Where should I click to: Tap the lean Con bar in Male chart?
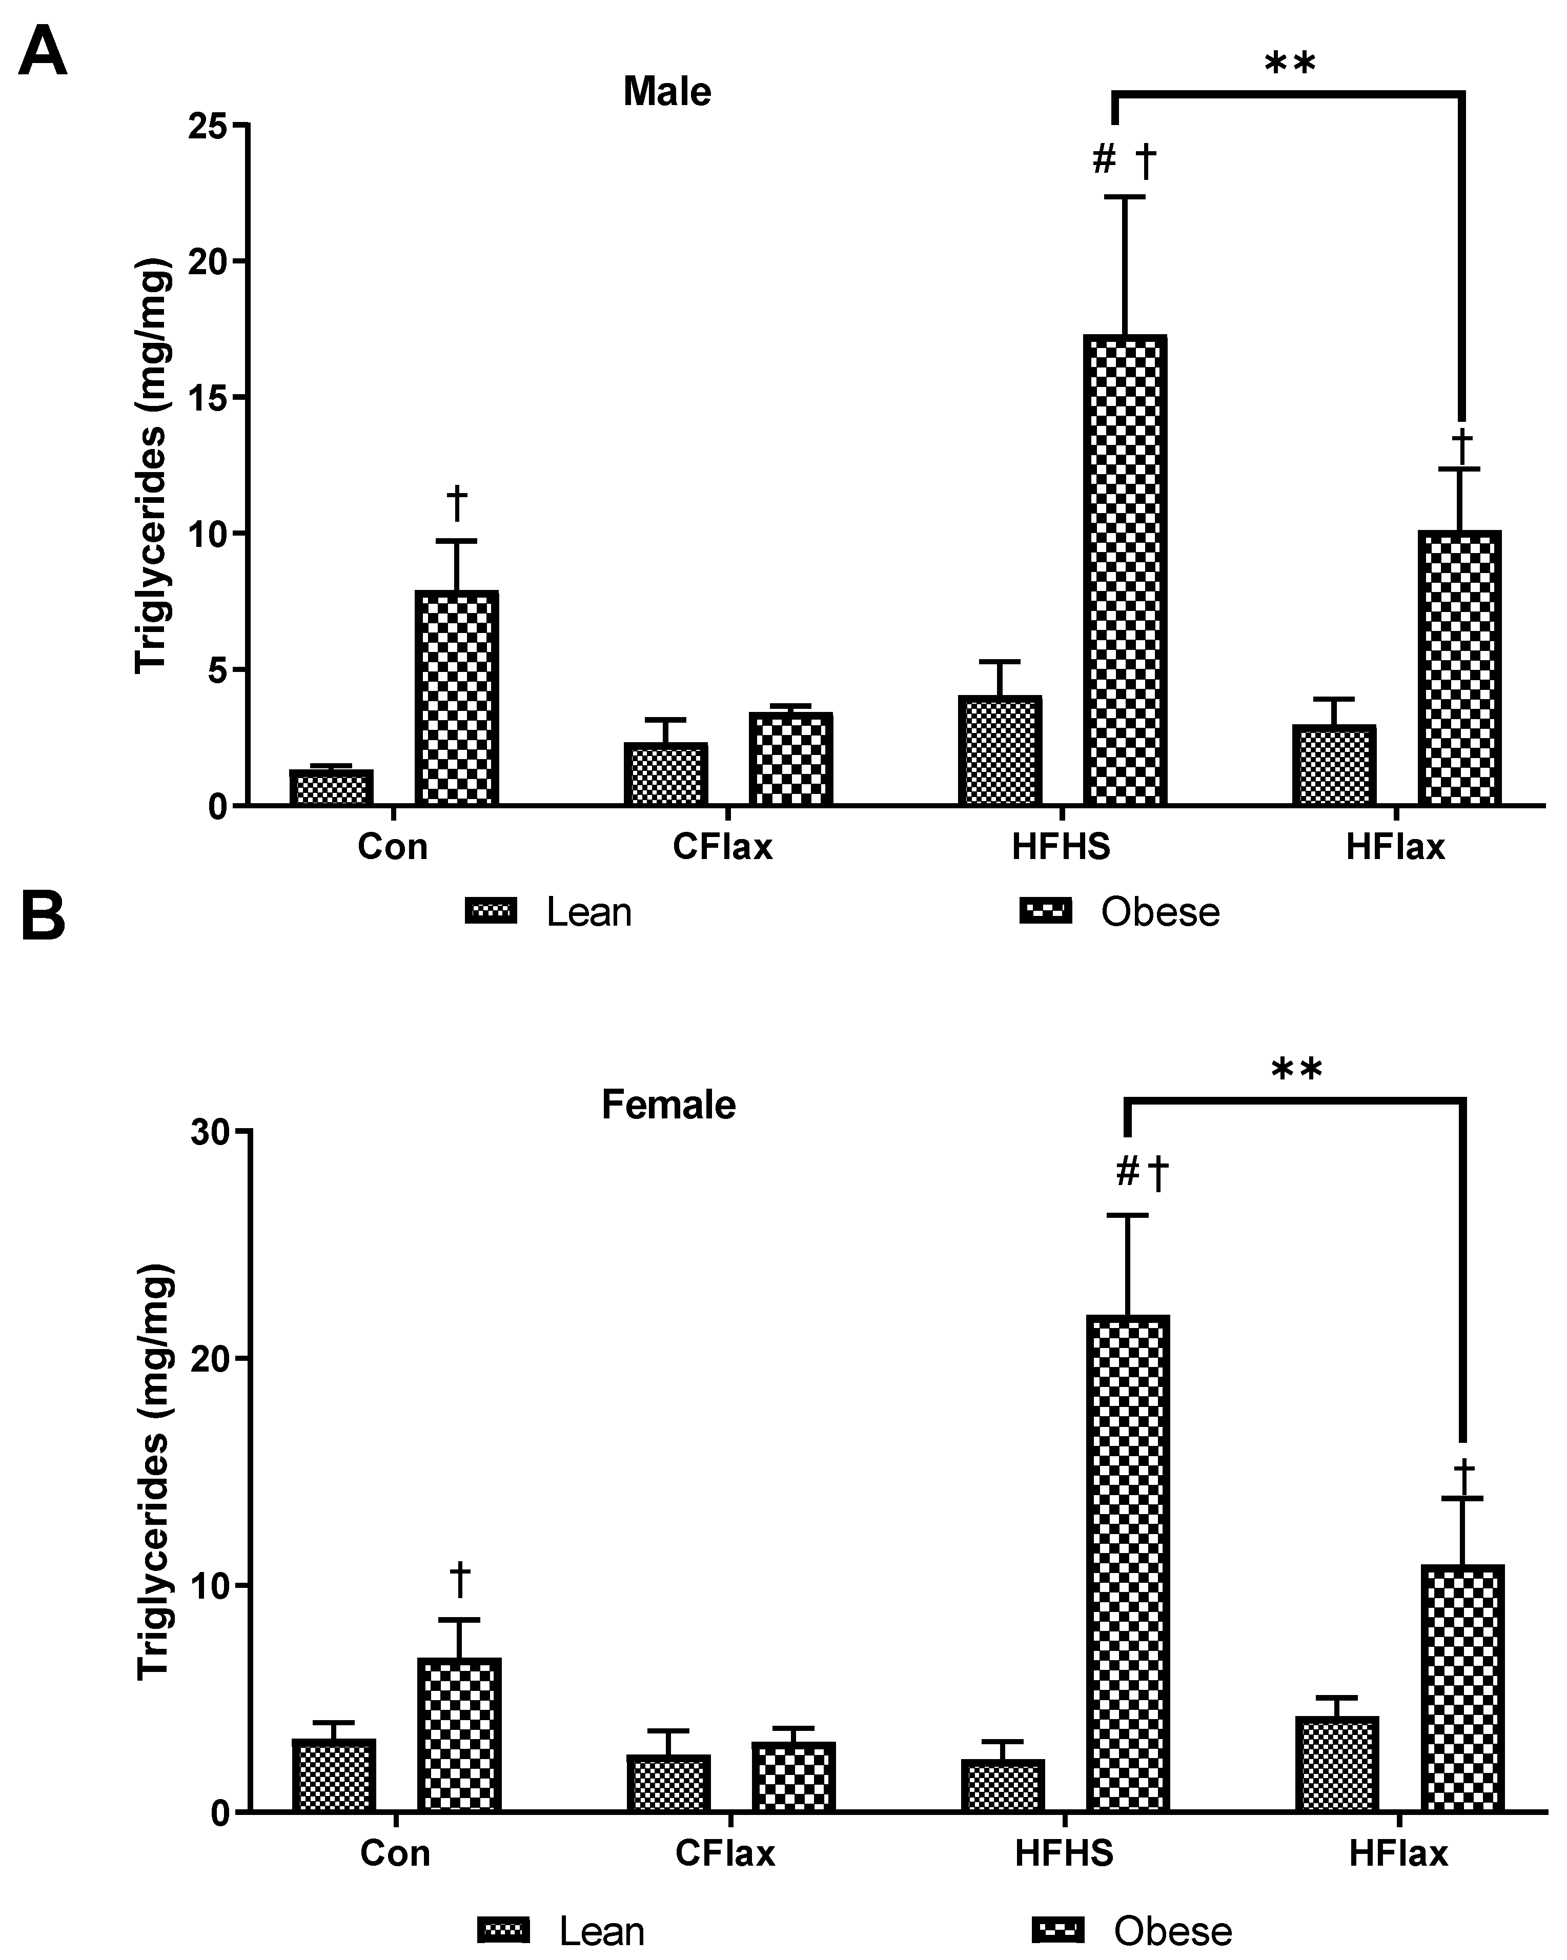pos(331,787)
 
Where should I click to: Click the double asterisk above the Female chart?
pos(1296,1071)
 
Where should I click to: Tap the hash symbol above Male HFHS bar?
pos(1104,160)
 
